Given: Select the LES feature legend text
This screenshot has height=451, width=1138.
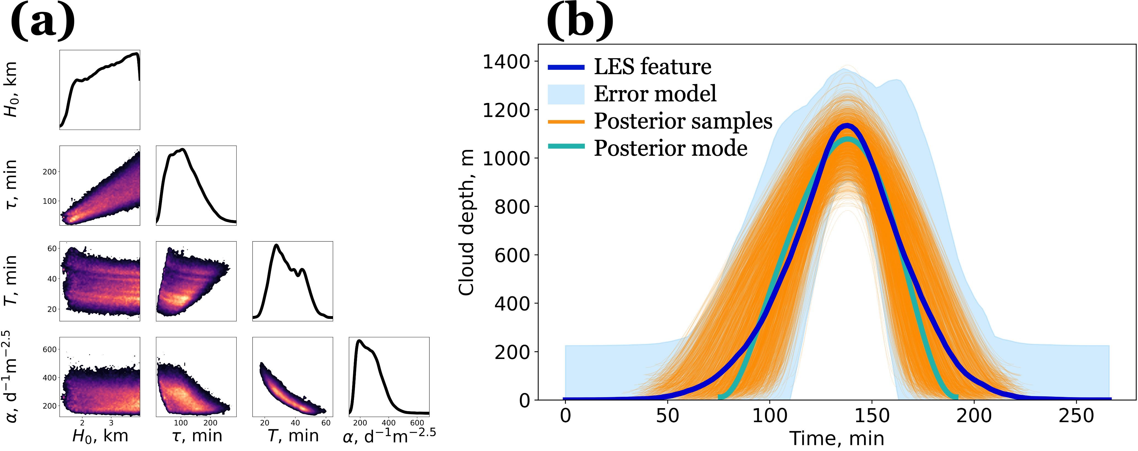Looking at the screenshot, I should tap(652, 67).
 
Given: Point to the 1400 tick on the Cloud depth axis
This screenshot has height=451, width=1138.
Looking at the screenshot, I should tap(506, 62).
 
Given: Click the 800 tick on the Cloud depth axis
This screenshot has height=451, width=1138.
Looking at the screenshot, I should tap(512, 207).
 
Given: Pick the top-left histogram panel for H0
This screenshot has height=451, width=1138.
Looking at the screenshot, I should tap(100, 90).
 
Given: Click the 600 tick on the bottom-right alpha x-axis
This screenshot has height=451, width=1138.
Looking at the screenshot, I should tap(417, 423).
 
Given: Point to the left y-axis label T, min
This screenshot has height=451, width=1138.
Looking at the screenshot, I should tap(11, 281).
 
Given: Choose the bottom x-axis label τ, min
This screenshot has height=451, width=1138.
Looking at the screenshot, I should tap(197, 436).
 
